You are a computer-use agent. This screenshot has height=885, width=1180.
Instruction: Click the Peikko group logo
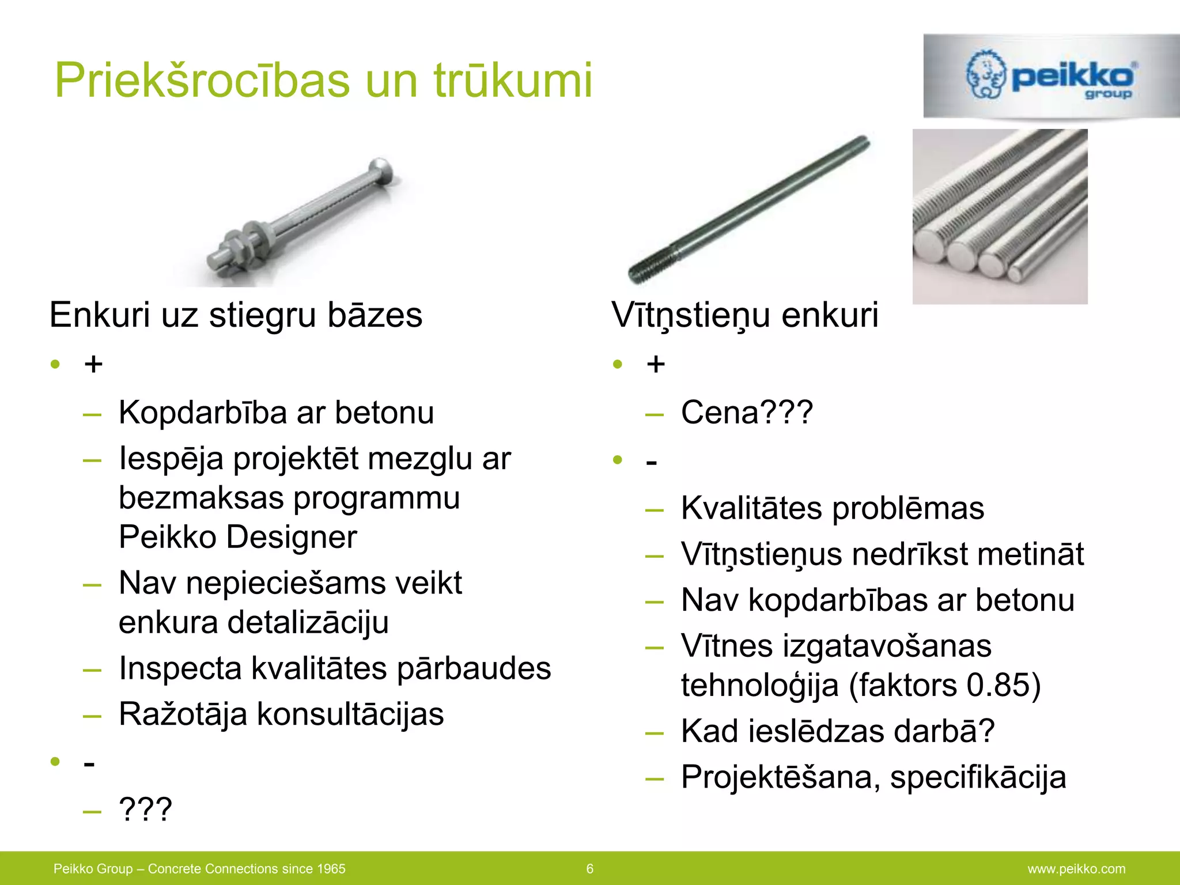1050,76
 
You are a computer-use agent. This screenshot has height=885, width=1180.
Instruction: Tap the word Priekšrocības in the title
202,80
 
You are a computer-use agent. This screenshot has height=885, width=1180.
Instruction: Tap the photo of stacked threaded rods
1000,216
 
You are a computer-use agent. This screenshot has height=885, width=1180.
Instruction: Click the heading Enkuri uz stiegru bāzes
236,315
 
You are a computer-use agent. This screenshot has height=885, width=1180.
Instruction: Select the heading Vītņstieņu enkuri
744,315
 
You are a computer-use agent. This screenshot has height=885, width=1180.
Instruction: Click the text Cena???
747,413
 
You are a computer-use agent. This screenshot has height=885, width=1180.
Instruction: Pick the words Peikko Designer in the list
237,537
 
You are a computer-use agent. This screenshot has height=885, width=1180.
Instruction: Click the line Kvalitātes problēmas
832,508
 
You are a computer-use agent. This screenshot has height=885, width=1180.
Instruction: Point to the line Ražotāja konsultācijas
281,714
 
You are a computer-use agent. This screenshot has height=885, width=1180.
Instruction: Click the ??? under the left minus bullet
145,809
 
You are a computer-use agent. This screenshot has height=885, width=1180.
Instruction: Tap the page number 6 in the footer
589,869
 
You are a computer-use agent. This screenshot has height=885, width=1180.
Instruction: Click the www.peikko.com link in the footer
1076,869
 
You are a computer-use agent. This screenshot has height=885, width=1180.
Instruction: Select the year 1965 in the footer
330,869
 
